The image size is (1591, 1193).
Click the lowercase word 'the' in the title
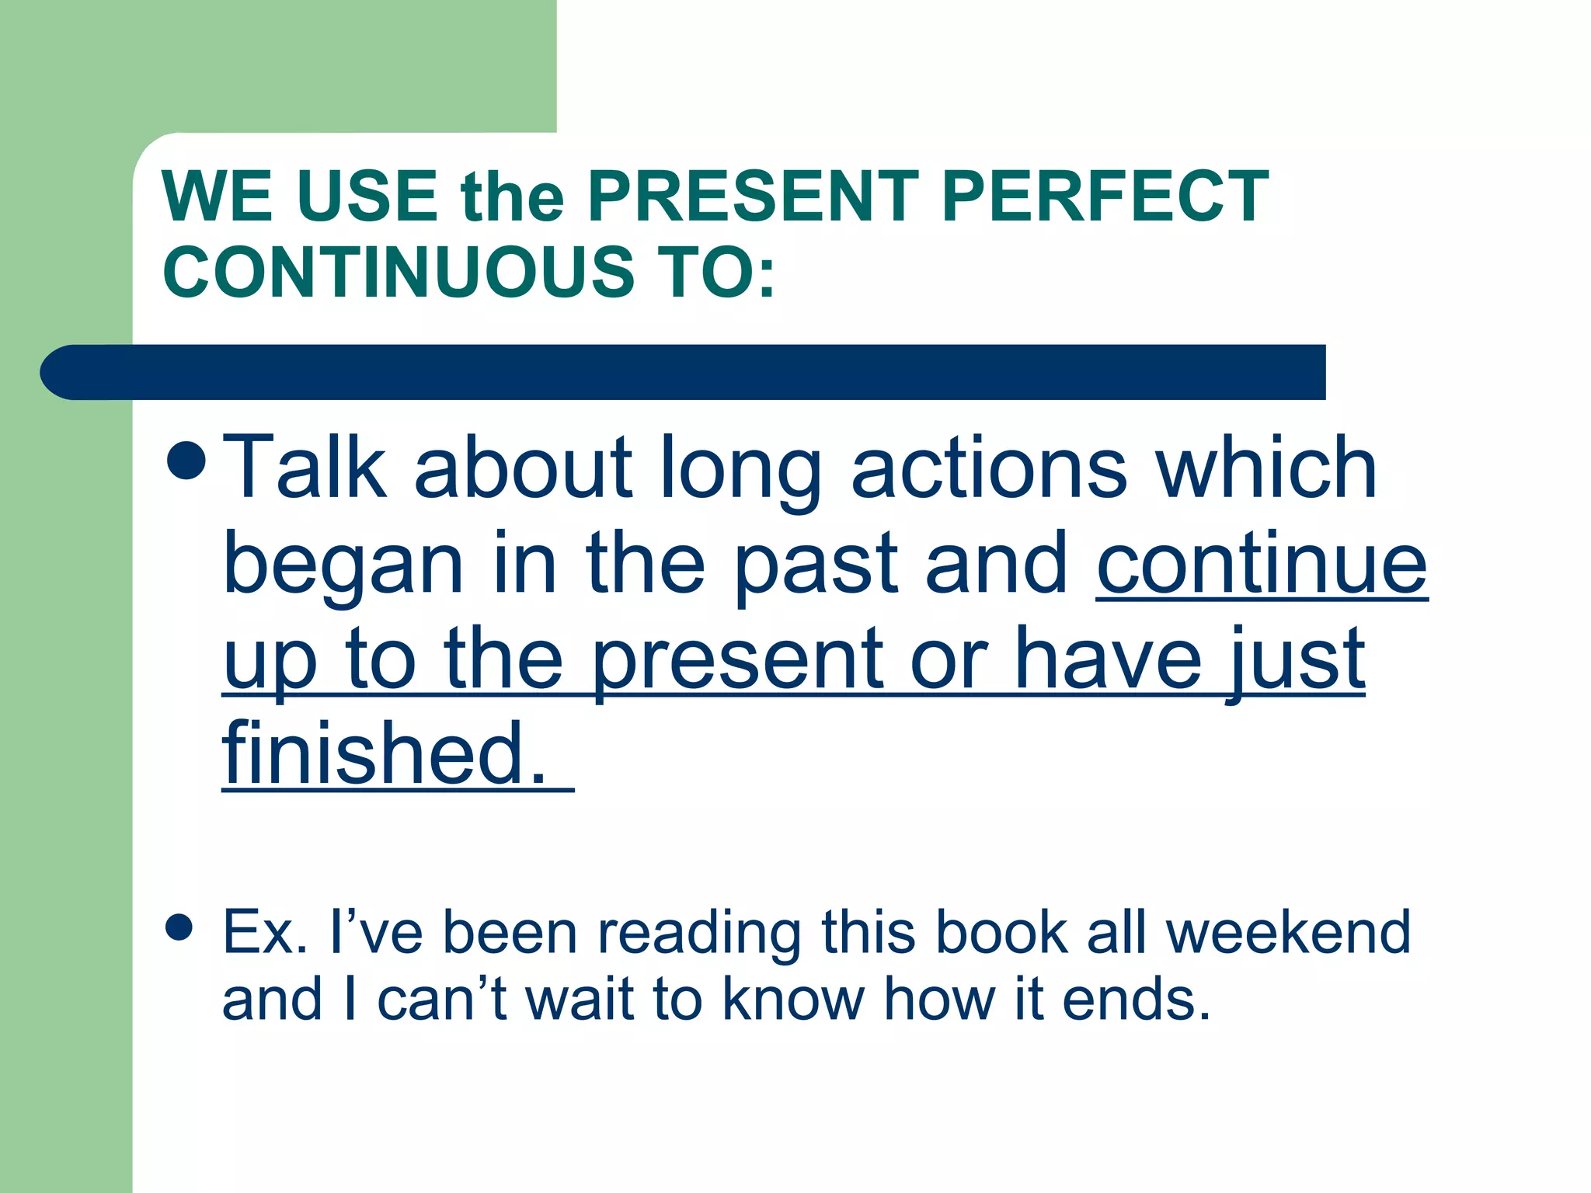point(512,198)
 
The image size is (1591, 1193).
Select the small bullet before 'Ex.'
point(179,927)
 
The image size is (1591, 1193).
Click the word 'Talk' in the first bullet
point(304,468)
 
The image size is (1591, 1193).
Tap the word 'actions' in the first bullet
point(989,468)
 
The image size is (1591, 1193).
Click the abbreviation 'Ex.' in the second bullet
point(265,932)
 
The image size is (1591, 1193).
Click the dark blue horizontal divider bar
point(684,372)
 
